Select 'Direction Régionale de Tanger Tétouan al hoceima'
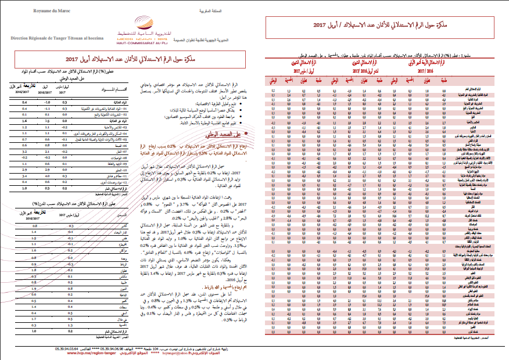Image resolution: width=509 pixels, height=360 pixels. [57, 37]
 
